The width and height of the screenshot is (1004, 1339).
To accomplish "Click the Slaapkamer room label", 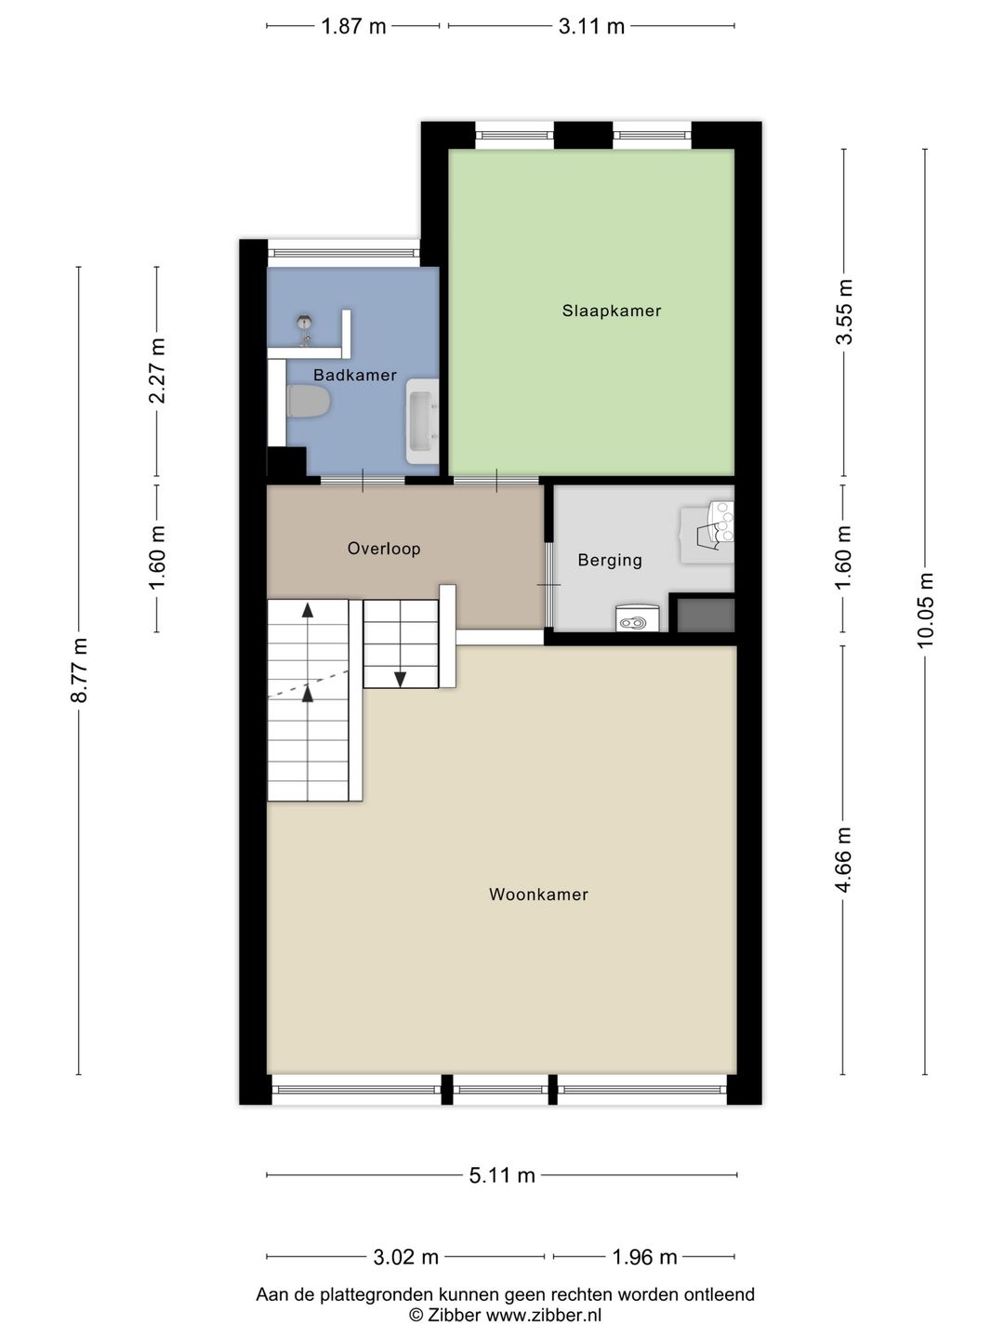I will tap(611, 311).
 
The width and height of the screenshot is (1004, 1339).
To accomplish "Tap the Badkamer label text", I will tap(354, 376).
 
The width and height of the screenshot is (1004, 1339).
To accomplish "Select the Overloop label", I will tap(384, 549).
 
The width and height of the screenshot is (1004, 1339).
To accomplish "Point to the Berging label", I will tap(610, 560).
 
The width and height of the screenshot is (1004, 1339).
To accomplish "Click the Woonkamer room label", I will tap(538, 895).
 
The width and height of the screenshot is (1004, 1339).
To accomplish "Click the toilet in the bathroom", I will tap(309, 403).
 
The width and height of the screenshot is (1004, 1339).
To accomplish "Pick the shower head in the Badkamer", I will tap(303, 325).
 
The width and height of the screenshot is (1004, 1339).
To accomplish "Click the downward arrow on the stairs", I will tap(400, 679).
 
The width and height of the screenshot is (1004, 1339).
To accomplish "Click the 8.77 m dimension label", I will tap(79, 670).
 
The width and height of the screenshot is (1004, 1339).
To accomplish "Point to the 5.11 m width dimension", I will tap(502, 1175).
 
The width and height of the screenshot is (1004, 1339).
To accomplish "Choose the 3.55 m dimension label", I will tap(844, 312).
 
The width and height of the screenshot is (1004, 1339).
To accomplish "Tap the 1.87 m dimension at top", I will tap(353, 26).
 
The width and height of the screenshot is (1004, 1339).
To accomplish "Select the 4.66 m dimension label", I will tap(844, 860).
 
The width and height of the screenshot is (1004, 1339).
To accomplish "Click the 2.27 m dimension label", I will tap(157, 371).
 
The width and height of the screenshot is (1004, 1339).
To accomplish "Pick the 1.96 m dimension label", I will tap(644, 1257).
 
